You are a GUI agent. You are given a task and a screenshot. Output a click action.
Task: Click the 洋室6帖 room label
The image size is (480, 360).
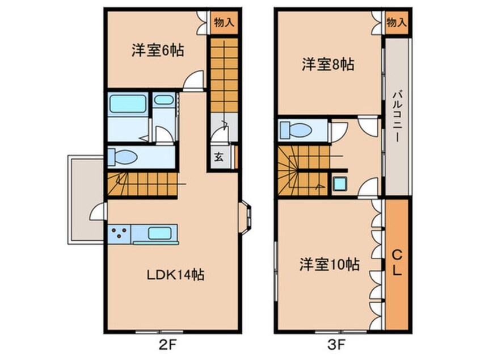tap(157, 51)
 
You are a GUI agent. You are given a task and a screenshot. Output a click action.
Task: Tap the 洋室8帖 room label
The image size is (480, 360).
tap(327, 65)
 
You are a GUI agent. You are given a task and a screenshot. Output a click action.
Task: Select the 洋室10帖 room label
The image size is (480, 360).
tap(329, 265)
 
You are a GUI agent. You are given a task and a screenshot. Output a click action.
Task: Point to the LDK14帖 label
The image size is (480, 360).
tap(176, 275)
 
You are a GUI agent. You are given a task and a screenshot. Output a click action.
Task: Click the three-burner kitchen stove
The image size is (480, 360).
tap(119, 232)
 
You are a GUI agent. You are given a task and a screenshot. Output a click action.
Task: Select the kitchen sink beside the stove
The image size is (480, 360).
tap(162, 232)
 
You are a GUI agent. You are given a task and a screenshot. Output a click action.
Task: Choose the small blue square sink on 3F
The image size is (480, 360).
tap(340, 183)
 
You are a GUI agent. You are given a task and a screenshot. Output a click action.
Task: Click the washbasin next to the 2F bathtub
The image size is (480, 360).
tap(164, 101)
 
